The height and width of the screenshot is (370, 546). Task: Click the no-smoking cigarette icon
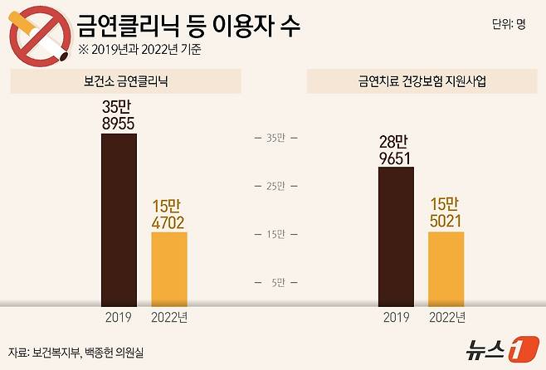click(39, 37)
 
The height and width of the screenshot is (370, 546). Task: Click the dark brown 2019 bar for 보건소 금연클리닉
click(119, 220)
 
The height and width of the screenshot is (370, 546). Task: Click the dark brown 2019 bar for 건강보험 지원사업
click(396, 237)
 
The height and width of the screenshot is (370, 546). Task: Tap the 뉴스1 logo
click(495, 348)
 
